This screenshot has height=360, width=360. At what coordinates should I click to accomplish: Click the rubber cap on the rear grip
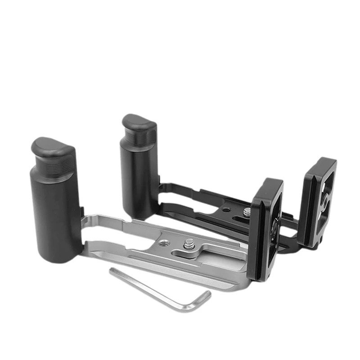(139, 123)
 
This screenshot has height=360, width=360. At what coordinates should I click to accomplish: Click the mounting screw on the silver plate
(189, 243)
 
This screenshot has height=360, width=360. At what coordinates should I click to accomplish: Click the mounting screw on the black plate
(246, 210)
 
